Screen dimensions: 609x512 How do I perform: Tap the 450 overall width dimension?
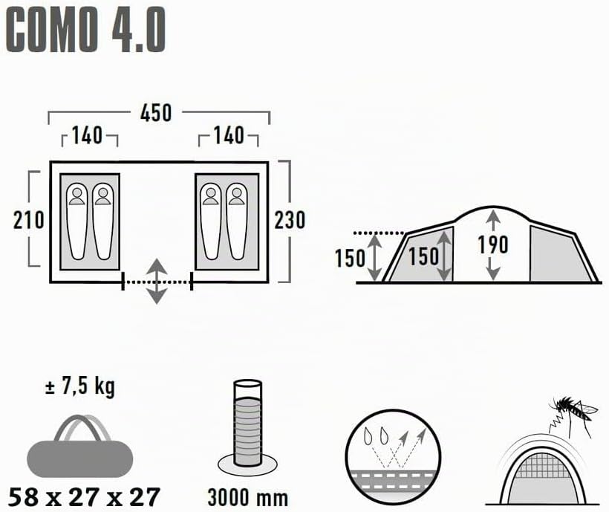coord(156,114)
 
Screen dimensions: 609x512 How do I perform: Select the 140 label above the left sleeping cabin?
coord(88,135)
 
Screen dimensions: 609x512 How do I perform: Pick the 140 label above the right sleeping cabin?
coord(229,135)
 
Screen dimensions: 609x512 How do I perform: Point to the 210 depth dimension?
coord(29,220)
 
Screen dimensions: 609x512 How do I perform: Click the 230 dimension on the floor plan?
coord(290,220)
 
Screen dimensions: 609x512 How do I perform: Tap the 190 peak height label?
coord(493,244)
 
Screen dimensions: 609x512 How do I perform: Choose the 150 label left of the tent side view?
coord(350,258)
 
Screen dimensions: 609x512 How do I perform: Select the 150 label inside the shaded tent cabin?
coord(423,256)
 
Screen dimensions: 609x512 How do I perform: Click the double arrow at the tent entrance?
coord(156,281)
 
